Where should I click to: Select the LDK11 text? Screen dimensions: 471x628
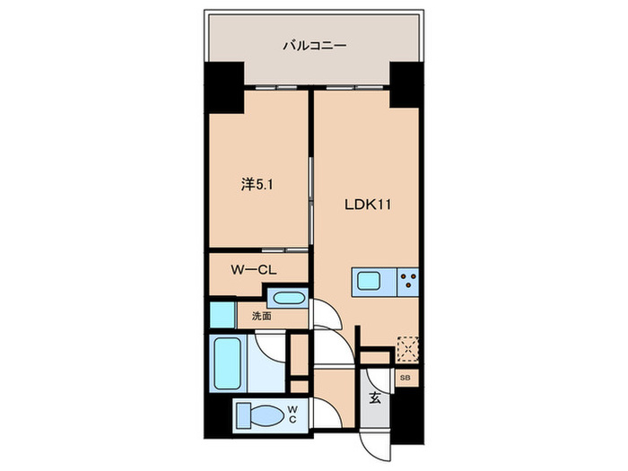(370, 204)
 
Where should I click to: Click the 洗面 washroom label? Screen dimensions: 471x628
(261, 316)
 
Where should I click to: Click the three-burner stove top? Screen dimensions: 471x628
(408, 281)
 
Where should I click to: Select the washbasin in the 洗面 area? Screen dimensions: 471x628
(288, 300)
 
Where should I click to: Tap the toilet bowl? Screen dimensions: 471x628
(266, 414)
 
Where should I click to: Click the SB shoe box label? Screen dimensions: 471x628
(405, 379)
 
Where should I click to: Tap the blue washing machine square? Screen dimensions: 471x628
(221, 315)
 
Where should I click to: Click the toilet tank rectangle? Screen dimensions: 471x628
(243, 414)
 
